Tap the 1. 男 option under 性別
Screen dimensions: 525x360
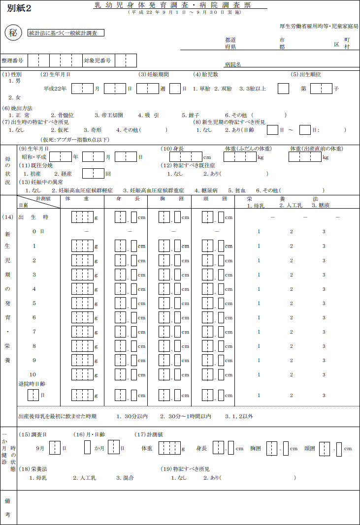point(15,81)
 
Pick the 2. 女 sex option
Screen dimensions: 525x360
point(15,97)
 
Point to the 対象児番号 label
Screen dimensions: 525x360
point(97,61)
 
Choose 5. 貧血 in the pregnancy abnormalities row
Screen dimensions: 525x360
point(236,190)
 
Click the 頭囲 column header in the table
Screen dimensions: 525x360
point(216,199)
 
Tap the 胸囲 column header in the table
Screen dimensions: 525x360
point(171,199)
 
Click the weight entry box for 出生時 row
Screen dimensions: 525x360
point(82,217)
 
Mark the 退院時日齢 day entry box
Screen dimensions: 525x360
point(33,395)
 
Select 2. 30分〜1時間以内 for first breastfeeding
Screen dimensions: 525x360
point(185,416)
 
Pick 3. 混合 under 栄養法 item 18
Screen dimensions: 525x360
point(125,477)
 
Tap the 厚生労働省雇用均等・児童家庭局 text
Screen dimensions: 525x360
point(319,26)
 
